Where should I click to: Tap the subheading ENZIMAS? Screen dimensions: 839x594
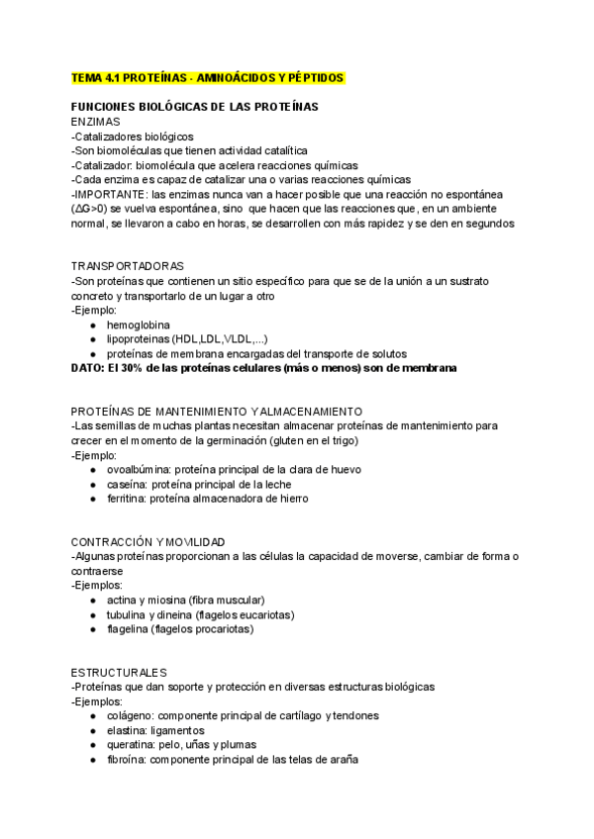(x=96, y=121)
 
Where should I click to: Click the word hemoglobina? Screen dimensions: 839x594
(x=138, y=325)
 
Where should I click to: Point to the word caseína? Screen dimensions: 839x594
(x=127, y=484)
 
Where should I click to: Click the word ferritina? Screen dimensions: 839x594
(x=127, y=499)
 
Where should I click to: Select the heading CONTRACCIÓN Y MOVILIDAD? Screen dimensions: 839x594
(x=148, y=541)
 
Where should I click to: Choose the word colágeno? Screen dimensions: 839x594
(x=130, y=715)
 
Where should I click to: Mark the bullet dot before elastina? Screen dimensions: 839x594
(x=92, y=730)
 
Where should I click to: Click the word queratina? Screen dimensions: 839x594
(x=132, y=744)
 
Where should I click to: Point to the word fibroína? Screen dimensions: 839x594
(x=128, y=759)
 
